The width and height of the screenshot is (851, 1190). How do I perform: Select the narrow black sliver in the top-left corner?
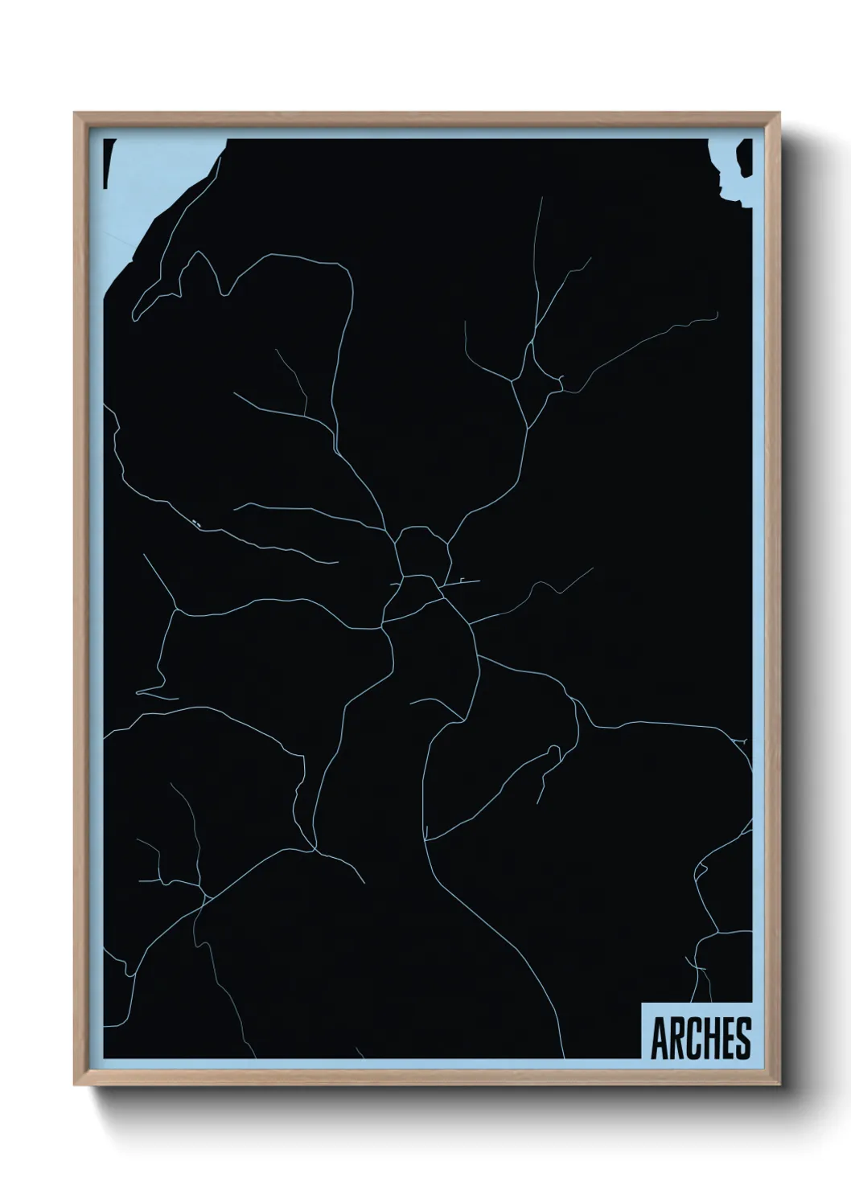pyautogui.click(x=105, y=161)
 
